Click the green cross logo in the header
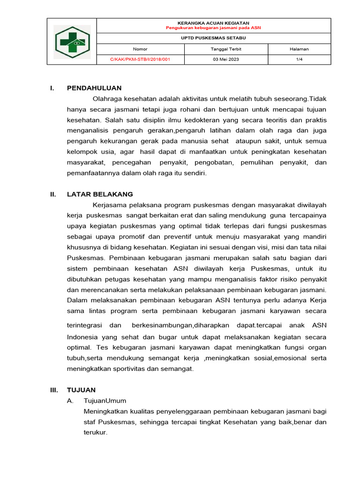[x=72, y=41]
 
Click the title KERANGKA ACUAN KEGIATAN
[x=213, y=23]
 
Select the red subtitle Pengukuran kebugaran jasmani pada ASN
[x=213, y=28]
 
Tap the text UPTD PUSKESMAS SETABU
[x=213, y=38]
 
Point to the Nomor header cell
[x=140, y=49]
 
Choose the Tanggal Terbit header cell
[x=226, y=49]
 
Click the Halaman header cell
[x=299, y=49]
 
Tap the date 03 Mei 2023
[x=226, y=60]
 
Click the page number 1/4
[x=299, y=60]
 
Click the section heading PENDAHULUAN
[x=94, y=88]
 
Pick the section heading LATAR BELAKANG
[x=100, y=194]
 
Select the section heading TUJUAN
[x=81, y=390]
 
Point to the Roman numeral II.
[x=53, y=194]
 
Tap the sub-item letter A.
[x=70, y=401]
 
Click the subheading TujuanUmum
[x=105, y=401]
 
